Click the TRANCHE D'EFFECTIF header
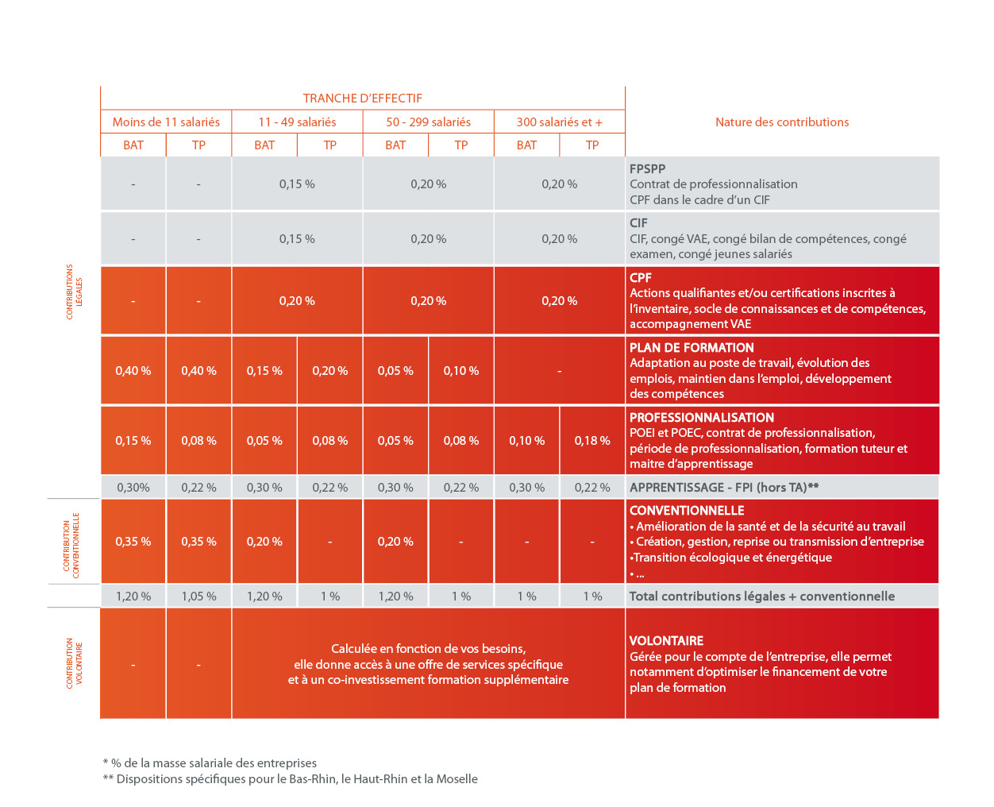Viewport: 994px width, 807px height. tap(362, 98)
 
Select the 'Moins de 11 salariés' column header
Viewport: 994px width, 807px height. tap(166, 122)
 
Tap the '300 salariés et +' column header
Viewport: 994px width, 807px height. tap(559, 122)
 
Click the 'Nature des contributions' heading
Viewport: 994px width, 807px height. tap(781, 122)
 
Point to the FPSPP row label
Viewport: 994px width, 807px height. tap(647, 168)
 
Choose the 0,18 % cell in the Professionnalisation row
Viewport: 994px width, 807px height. tap(591, 441)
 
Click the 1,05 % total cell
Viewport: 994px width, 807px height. tap(198, 597)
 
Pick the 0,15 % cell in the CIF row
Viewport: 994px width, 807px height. tap(297, 239)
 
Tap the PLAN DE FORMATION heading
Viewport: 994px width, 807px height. tap(692, 348)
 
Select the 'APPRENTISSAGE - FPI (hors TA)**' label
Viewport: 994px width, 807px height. tap(723, 488)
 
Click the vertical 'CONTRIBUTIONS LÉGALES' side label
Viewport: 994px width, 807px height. tap(74, 292)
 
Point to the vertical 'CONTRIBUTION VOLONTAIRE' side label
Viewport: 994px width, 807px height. tap(74, 663)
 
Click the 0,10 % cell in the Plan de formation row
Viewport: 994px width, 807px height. tap(460, 371)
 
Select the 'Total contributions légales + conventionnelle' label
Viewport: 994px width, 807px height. tap(761, 597)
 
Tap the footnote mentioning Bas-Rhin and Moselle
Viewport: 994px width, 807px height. tap(291, 779)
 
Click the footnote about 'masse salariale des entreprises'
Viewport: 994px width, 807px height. tap(210, 763)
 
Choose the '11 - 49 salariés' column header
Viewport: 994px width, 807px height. tap(297, 122)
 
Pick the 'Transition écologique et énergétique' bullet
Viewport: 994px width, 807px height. tap(731, 558)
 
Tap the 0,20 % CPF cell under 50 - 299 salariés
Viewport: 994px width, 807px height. tap(428, 301)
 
